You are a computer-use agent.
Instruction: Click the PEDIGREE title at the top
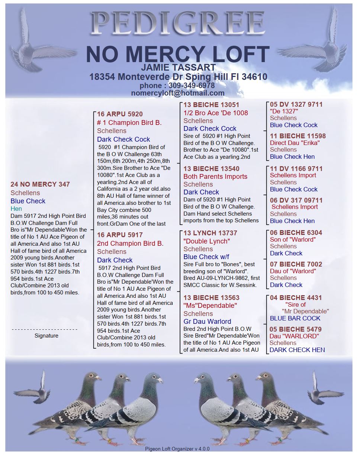click(178, 23)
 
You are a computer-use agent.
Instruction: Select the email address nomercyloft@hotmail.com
click(178, 93)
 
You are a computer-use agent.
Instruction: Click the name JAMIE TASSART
click(179, 68)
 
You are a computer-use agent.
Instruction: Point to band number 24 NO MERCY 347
click(40, 184)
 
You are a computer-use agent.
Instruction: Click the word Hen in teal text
click(16, 209)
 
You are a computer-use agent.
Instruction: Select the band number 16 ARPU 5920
click(120, 114)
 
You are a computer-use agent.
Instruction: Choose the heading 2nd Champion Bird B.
click(130, 243)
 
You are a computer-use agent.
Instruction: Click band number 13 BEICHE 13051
click(211, 105)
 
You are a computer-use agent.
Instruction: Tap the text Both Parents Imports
click(215, 177)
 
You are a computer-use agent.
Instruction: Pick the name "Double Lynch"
click(207, 241)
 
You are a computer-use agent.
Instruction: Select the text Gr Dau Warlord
click(207, 322)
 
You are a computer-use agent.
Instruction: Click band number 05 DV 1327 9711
click(296, 104)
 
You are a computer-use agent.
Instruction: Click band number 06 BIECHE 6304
click(296, 233)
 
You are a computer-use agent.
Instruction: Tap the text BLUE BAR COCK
click(295, 318)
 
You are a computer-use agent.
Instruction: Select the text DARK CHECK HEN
click(297, 350)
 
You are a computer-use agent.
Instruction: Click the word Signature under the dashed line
click(46, 336)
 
